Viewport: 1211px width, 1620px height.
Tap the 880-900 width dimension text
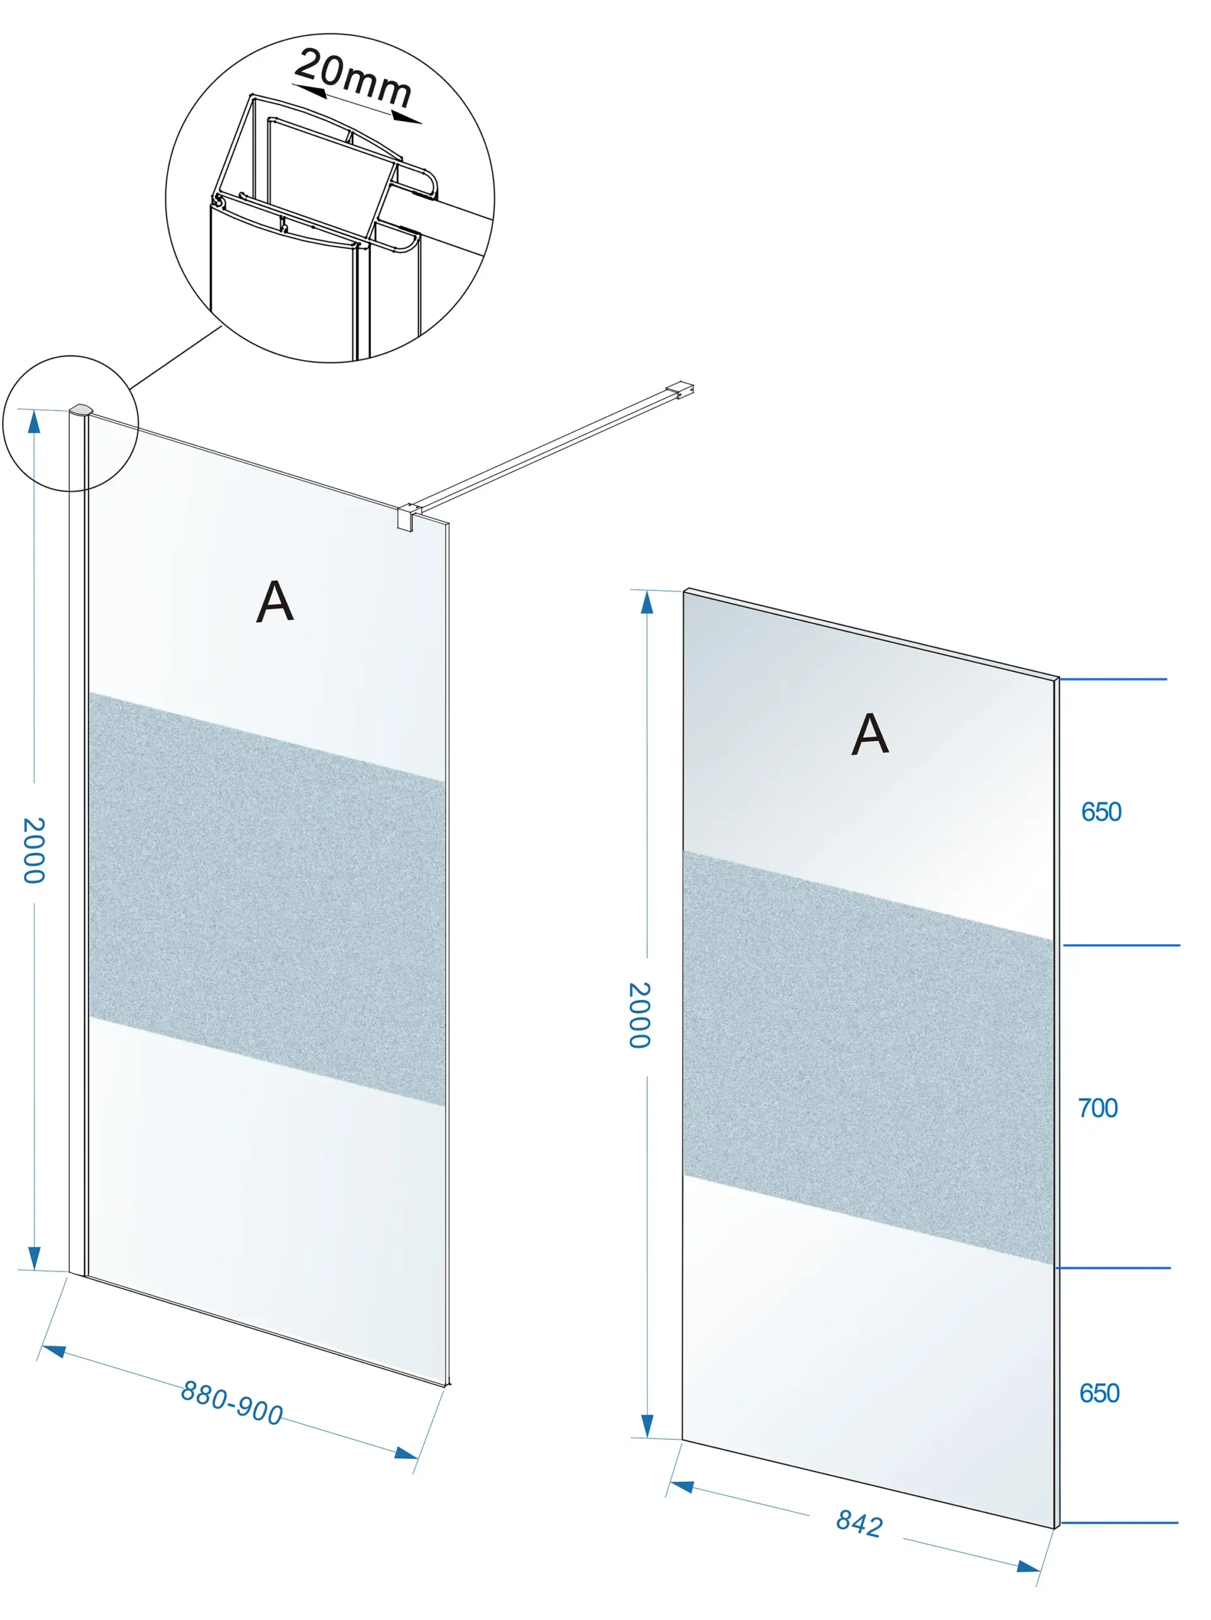[232, 1403]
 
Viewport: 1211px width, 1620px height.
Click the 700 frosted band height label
[1098, 1108]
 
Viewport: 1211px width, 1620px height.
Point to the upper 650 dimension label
[1101, 811]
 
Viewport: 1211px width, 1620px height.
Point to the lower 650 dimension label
[1099, 1393]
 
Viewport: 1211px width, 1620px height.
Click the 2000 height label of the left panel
[34, 850]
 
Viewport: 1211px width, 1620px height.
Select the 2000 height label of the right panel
[639, 1015]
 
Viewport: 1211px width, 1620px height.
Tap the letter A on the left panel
[275, 601]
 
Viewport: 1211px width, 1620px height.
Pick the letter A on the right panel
[870, 734]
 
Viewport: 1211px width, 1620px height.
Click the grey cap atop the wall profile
[81, 409]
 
